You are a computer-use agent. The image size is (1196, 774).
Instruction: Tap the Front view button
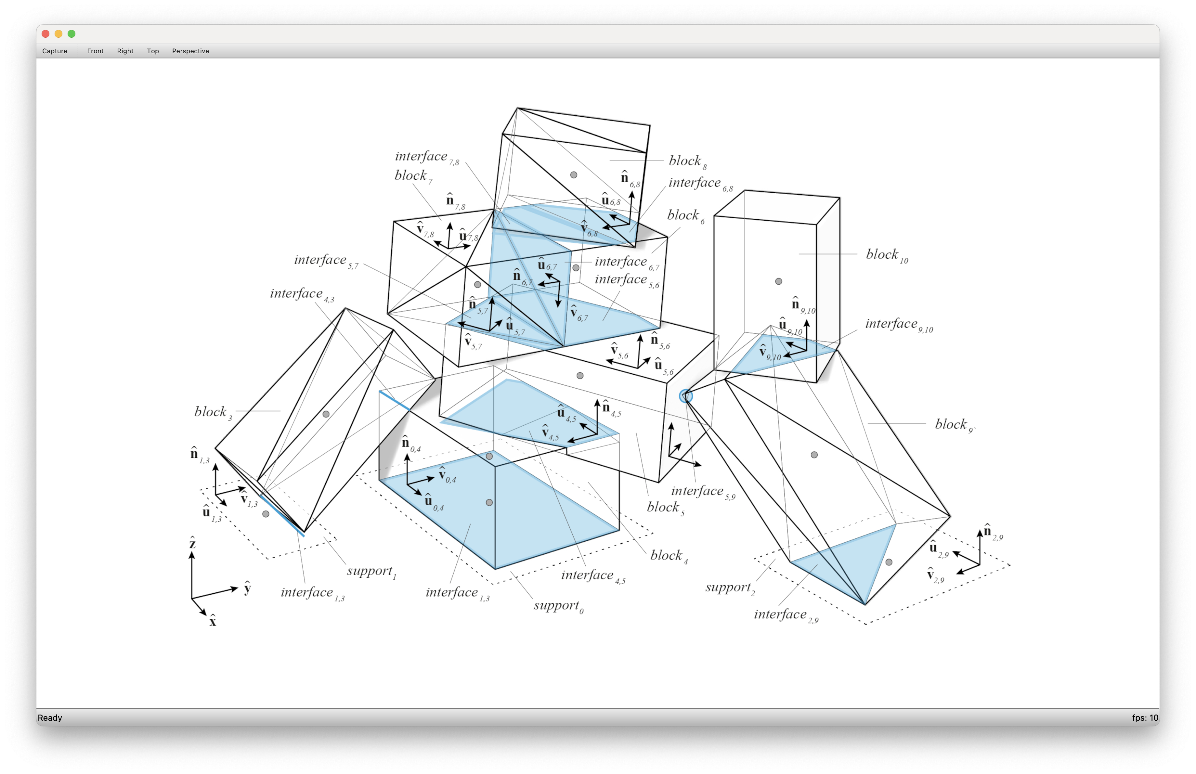tap(95, 51)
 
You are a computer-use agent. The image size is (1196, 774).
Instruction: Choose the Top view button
tap(153, 51)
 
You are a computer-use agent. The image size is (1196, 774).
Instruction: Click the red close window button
tap(45, 34)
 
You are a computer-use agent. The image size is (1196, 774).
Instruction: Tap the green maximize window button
tap(71, 34)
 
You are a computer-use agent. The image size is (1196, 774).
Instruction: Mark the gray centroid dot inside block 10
tap(778, 281)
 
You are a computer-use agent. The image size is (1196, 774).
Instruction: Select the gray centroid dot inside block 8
tap(573, 175)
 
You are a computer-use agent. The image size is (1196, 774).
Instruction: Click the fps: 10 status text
tap(1145, 718)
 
